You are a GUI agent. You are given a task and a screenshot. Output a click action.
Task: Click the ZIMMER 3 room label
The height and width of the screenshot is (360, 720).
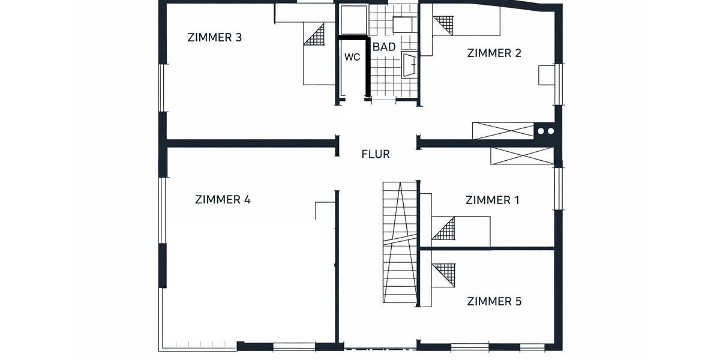point(214,37)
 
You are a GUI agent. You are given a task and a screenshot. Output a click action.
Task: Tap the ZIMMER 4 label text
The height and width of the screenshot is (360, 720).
point(223,200)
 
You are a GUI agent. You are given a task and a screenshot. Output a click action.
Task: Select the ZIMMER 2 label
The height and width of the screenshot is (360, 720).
point(494,53)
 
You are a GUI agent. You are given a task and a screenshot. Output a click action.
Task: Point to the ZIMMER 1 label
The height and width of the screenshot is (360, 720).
point(492,200)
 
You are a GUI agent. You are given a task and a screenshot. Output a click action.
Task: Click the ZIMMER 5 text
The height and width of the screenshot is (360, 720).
point(494,301)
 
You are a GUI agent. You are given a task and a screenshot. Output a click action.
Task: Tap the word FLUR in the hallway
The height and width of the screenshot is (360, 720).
point(376,154)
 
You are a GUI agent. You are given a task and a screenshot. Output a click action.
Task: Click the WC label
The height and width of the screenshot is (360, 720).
point(352,58)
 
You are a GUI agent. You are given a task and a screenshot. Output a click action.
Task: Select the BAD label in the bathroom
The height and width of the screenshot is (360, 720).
point(384,47)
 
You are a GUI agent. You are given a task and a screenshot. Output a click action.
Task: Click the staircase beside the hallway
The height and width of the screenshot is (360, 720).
point(399,243)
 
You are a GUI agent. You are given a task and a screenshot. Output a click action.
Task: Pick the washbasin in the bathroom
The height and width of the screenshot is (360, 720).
point(410,64)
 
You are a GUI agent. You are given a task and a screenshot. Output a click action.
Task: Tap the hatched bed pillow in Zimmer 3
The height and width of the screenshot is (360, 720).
point(316,35)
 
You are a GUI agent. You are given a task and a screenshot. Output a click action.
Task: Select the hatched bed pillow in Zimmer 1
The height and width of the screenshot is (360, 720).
point(443,229)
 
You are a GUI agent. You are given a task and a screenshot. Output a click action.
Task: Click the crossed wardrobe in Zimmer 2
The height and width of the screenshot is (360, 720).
point(503,131)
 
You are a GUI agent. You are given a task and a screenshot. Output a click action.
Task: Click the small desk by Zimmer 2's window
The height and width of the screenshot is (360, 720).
point(547,76)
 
